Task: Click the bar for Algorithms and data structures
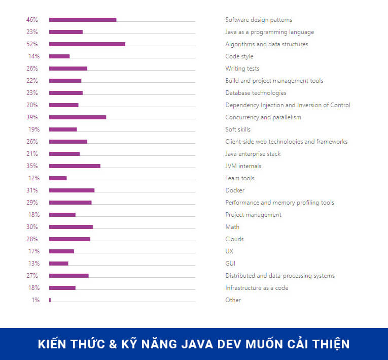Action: tap(87, 44)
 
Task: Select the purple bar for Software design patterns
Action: tap(83, 20)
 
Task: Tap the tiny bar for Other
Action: tap(50, 300)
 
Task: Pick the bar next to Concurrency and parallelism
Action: tap(78, 117)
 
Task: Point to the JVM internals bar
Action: tap(75, 166)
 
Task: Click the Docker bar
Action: tap(72, 190)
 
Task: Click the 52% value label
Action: tap(32, 44)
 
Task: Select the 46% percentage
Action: tap(32, 20)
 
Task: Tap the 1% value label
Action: tap(35, 300)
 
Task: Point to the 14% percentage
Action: tap(33, 56)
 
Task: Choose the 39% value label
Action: tap(32, 117)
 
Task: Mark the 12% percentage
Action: tap(33, 178)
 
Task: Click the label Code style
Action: tap(239, 56)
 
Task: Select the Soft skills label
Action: tap(238, 129)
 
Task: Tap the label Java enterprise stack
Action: tap(253, 154)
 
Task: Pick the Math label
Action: tap(232, 227)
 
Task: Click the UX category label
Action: tap(229, 251)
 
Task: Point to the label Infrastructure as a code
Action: tap(257, 288)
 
